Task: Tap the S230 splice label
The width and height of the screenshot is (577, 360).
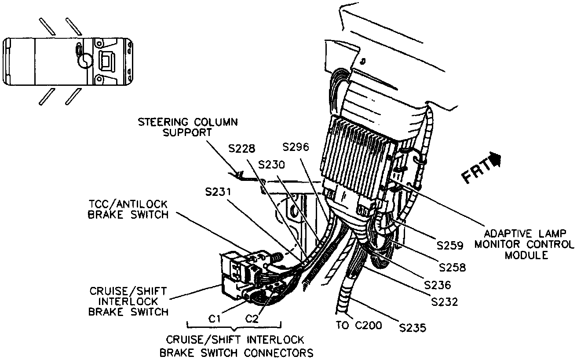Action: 271,164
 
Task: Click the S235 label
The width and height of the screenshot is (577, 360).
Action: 413,327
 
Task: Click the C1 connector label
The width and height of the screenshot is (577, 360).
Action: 214,319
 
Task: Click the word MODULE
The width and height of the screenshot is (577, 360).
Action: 526,255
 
